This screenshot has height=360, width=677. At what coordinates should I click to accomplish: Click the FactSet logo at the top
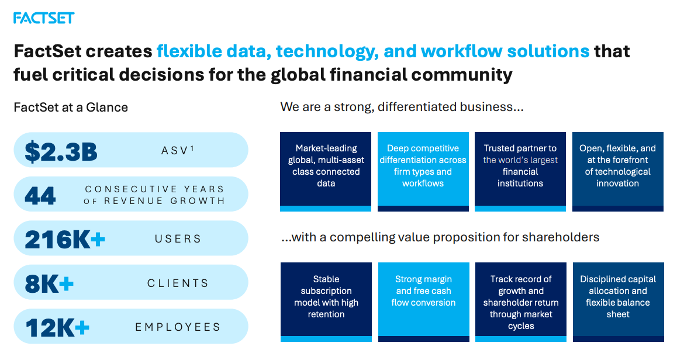pos(44,18)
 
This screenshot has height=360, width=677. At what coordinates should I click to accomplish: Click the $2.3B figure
pos(61,151)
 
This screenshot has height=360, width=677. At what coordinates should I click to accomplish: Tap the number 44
pos(40,195)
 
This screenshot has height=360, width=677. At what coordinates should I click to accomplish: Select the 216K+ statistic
pos(65,239)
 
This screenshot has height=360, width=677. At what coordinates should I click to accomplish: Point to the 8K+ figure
pos(49,283)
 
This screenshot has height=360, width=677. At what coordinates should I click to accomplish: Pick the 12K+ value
pos(57,327)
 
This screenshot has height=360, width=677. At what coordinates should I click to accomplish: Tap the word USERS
pos(178,239)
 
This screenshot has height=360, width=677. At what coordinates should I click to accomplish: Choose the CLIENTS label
pos(178,283)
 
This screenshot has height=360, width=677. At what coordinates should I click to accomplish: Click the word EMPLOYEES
pos(178,327)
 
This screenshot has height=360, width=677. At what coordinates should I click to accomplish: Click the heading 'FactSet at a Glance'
pos(71,108)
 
